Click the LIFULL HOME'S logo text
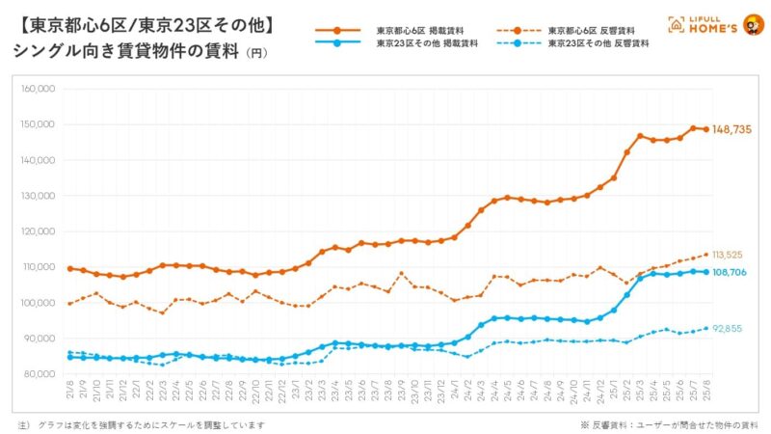point(705,25)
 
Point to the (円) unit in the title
point(255,53)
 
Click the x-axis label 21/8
point(69,393)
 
